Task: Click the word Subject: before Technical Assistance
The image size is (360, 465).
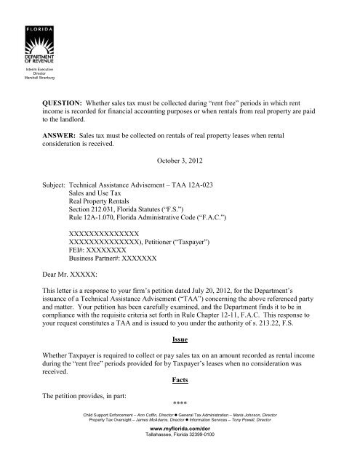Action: click(x=59, y=186)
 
